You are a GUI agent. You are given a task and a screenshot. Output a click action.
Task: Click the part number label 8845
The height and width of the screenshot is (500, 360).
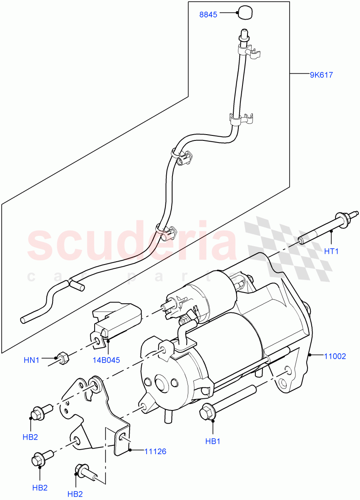click(208, 15)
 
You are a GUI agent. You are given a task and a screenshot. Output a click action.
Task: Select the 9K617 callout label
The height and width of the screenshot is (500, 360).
click(321, 75)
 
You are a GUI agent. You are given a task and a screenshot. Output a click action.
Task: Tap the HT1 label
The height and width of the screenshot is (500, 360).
click(331, 251)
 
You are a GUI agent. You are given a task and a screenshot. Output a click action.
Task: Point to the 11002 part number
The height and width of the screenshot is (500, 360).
click(335, 356)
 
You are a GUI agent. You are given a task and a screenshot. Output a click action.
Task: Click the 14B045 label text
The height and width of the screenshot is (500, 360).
click(107, 360)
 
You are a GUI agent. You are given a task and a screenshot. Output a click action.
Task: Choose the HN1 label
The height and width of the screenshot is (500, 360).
click(31, 359)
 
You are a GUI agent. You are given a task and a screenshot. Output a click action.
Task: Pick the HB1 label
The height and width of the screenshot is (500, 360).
click(212, 441)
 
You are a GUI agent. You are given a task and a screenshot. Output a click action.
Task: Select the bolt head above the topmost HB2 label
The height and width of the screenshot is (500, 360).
click(36, 412)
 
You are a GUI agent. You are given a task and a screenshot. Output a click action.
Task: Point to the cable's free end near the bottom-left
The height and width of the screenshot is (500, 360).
click(24, 320)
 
